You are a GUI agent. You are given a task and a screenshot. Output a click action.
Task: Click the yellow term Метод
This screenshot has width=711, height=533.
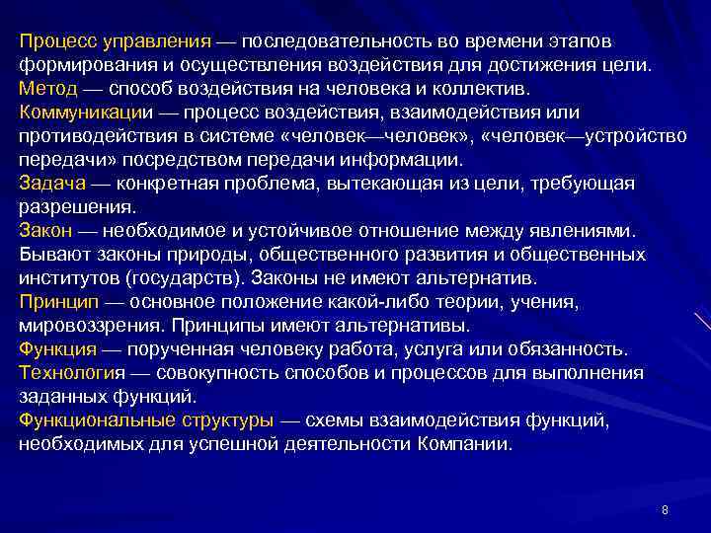click(x=44, y=89)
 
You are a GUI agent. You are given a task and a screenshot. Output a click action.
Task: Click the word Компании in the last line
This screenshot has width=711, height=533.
click(x=461, y=444)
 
